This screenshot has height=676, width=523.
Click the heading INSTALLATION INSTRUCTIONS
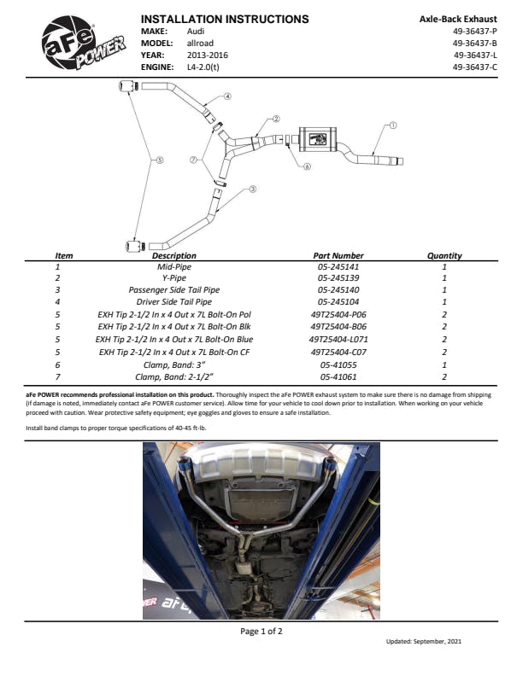225,19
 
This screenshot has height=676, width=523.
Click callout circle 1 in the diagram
393,125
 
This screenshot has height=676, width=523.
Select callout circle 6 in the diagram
307,166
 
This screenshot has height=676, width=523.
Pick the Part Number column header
338,255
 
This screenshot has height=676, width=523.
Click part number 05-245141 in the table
338,266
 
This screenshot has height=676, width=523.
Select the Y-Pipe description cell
174,278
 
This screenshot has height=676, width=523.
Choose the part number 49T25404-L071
338,339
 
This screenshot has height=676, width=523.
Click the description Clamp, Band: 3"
174,364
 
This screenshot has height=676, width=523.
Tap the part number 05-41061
338,376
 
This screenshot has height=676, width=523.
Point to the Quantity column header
444,255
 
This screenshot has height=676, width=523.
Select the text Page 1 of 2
261,632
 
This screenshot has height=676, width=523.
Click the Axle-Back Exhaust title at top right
458,19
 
